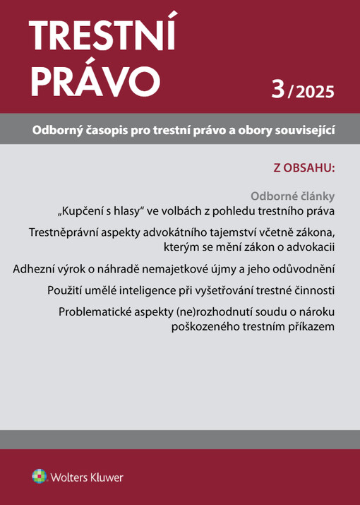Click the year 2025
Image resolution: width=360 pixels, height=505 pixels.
tap(316, 92)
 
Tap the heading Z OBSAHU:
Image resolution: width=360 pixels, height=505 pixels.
tap(304, 168)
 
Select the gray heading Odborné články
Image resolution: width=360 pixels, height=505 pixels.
tap(293, 196)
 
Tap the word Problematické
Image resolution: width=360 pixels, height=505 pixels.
tap(100, 312)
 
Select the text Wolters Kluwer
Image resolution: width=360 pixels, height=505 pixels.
tap(86, 477)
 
